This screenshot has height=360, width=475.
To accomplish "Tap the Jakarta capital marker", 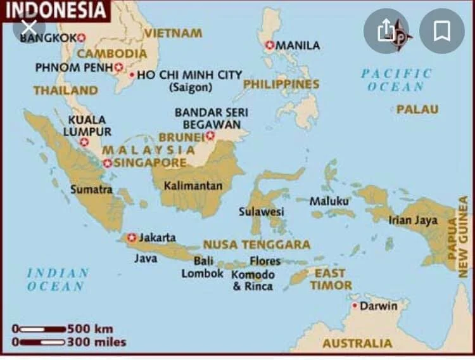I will (132, 238).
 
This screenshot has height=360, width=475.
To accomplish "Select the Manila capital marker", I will (270, 45).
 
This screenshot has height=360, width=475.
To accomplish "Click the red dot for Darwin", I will (355, 306).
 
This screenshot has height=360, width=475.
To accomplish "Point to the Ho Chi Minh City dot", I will (132, 75).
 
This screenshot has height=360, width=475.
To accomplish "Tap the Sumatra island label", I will (91, 189).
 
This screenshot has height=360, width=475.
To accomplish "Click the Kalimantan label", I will (193, 186).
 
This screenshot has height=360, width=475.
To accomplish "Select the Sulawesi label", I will (261, 212).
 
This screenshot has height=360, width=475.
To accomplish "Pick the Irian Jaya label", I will (413, 220).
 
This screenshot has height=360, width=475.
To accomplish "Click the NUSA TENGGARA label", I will (256, 245).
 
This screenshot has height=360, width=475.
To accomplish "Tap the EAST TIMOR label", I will (331, 279).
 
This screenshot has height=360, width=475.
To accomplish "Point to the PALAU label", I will (417, 109).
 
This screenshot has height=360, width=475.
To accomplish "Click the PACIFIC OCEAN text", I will (396, 80).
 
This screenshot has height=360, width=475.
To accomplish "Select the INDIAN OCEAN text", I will (58, 280).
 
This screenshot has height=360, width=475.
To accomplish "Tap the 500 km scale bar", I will (43, 329).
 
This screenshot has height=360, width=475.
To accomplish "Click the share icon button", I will (386, 30).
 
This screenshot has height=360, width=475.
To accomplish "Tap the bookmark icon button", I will (441, 30).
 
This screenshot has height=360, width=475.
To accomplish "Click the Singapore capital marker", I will (108, 163).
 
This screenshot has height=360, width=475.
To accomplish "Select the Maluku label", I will (329, 201).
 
